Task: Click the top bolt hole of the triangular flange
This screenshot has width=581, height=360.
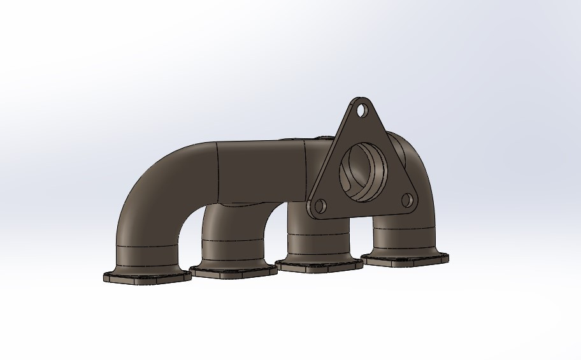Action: pyautogui.click(x=362, y=110)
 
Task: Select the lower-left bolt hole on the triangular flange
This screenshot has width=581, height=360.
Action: pyautogui.click(x=320, y=206)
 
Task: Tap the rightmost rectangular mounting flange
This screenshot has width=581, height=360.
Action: pyautogui.click(x=405, y=258)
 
